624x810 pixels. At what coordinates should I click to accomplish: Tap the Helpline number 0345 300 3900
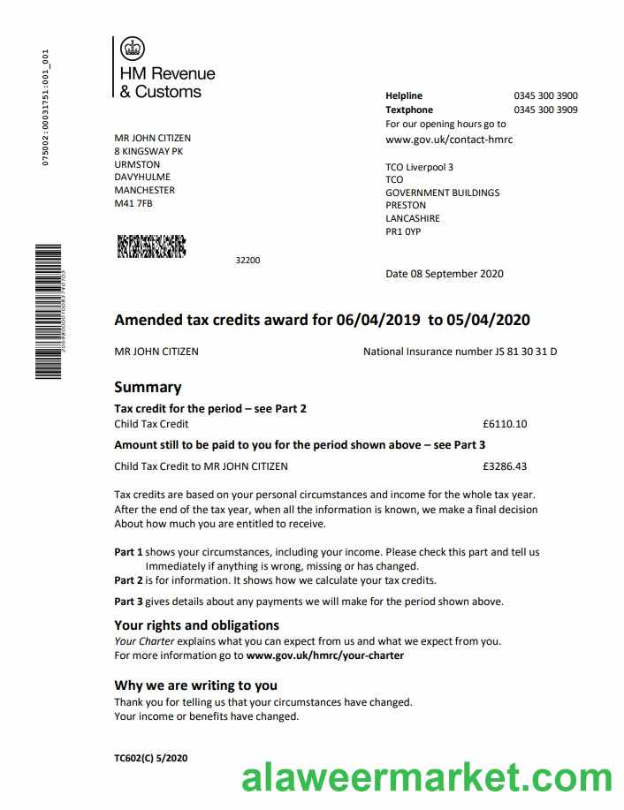click(x=545, y=95)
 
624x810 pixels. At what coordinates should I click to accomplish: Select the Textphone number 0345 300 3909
click(x=545, y=110)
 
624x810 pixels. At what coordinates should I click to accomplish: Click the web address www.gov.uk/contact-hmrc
click(x=449, y=140)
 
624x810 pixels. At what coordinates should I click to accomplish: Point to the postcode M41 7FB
click(x=133, y=203)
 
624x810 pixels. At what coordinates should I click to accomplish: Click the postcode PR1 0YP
click(x=403, y=231)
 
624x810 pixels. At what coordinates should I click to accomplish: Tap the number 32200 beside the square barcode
click(x=247, y=260)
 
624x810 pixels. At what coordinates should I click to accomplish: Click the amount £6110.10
click(x=505, y=424)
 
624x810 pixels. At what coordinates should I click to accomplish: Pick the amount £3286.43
click(x=505, y=466)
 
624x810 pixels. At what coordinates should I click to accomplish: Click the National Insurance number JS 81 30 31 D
click(x=525, y=352)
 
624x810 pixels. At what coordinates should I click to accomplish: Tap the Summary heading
click(x=148, y=387)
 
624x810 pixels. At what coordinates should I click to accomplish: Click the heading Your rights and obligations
click(x=197, y=625)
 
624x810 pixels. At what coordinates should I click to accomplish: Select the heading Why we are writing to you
click(x=195, y=685)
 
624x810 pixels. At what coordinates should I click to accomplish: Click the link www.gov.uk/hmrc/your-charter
click(x=325, y=655)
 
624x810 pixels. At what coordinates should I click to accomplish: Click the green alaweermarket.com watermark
click(x=427, y=780)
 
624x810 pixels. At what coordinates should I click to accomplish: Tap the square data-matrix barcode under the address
click(x=151, y=246)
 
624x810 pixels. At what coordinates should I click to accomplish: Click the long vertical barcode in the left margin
click(x=48, y=311)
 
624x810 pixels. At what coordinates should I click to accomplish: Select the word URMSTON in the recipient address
click(x=137, y=164)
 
